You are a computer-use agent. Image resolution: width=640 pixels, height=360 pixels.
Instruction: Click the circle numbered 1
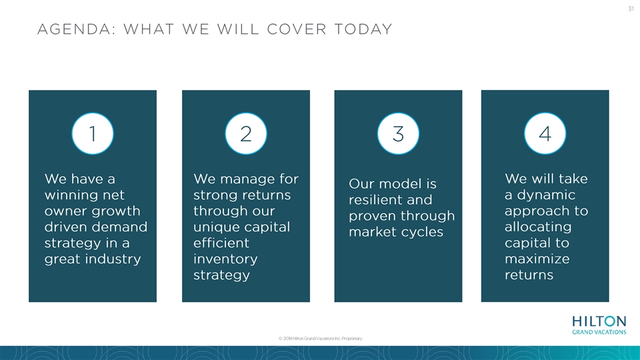coord(93,133)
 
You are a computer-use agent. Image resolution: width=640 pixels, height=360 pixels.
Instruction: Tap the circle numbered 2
coord(246,133)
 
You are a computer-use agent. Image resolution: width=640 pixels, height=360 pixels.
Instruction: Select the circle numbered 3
coord(398,133)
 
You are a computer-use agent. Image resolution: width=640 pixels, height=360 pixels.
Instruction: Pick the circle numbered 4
coord(545,133)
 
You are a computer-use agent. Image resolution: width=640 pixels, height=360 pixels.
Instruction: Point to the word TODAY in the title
coord(363,29)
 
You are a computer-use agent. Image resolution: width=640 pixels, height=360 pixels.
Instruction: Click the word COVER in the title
coord(297,29)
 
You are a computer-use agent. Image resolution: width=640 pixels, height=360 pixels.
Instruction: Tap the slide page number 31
coord(631,9)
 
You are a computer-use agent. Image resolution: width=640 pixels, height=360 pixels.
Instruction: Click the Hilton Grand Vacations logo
coord(599,325)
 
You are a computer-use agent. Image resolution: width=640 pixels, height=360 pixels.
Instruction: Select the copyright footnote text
coord(321,339)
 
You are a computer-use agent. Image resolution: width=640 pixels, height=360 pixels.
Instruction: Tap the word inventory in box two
coord(225,259)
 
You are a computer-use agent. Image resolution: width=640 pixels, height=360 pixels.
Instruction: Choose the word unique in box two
coord(215,227)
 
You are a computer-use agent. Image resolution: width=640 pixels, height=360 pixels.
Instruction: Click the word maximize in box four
coord(537,259)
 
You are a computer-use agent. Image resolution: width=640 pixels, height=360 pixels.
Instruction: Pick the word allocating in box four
coord(538,227)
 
